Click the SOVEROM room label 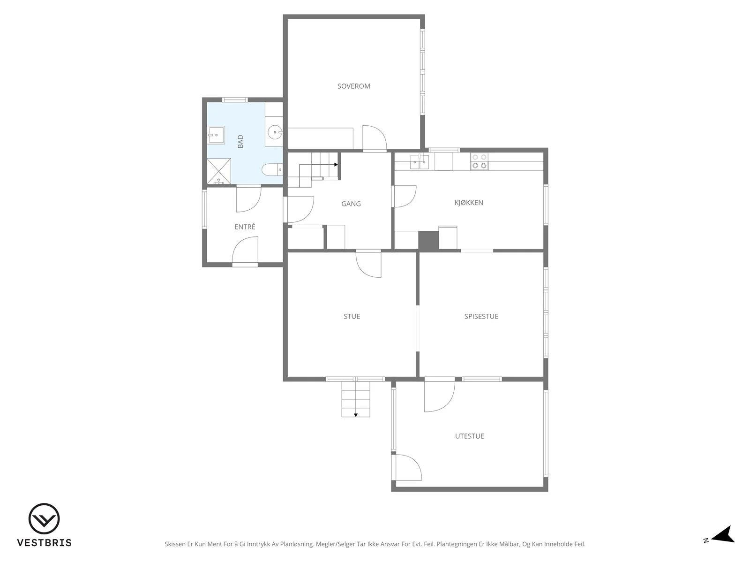tap(353, 86)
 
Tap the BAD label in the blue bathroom tap(240, 142)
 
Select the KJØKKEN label tap(469, 203)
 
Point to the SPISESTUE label tap(481, 317)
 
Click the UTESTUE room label tap(470, 436)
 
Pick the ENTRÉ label tap(245, 227)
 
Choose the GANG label tap(351, 204)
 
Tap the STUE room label tap(352, 317)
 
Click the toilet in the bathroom tap(272, 169)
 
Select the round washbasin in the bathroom tap(275, 132)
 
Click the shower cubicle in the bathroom tap(219, 171)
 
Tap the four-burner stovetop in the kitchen tap(479, 161)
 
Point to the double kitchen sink tap(419, 161)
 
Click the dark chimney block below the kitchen tap(428, 240)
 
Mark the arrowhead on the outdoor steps tap(356, 415)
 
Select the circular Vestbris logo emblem tap(44, 518)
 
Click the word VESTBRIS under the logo tap(45, 543)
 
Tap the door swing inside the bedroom tap(375, 137)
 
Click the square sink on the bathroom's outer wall tap(216, 135)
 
